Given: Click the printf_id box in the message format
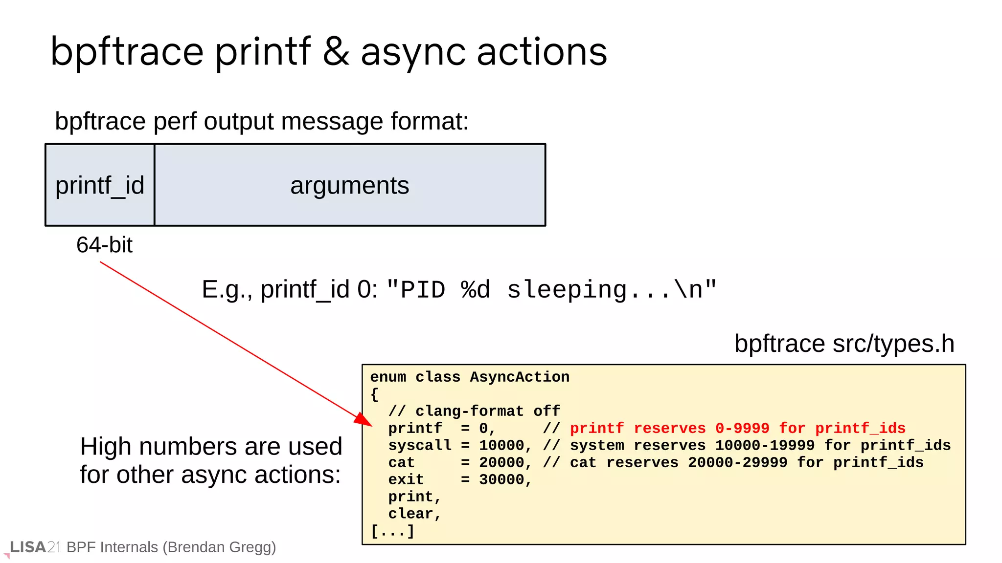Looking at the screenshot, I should (100, 185).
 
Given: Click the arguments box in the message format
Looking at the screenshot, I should (349, 185).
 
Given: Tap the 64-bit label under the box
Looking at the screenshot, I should (104, 245).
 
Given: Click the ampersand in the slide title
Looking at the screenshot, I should (336, 51).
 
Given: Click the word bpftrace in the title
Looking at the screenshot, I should (127, 52).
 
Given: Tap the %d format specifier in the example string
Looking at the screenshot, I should (475, 289).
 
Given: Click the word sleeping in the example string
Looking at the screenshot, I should (567, 290).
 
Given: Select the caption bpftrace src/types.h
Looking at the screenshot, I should (844, 344).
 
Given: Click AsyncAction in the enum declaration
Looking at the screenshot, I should (520, 377).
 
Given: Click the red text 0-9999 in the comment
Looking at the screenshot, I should (742, 428).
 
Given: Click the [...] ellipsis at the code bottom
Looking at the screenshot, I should (392, 531).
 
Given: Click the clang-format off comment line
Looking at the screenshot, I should (474, 411).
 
